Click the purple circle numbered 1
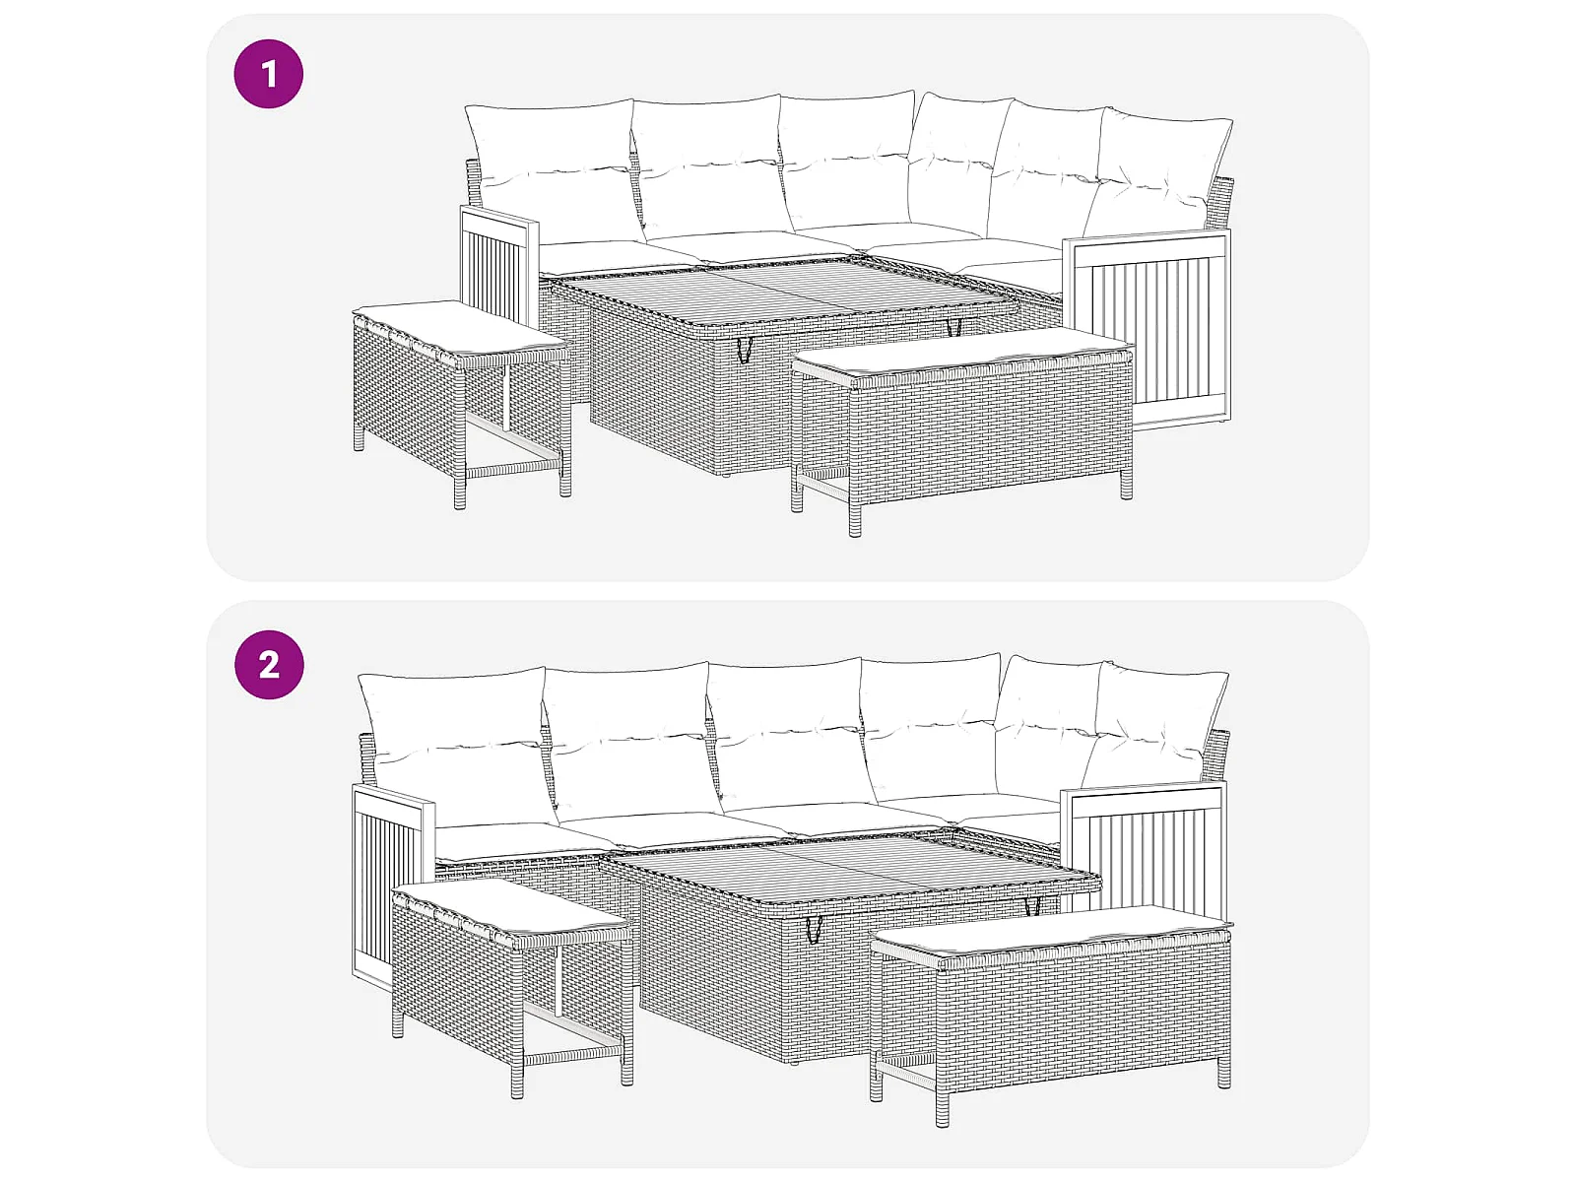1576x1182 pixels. [x=269, y=74]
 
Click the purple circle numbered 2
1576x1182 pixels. [x=269, y=665]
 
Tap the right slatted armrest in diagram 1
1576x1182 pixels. [x=1148, y=331]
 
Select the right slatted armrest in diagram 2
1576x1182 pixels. [x=1144, y=847]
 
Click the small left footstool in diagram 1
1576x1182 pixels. [x=462, y=401]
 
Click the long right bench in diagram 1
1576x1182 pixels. [x=962, y=430]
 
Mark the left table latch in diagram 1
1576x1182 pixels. [x=744, y=351]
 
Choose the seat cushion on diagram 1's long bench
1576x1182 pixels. [x=962, y=352]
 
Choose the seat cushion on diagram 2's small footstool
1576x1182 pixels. [x=512, y=909]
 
